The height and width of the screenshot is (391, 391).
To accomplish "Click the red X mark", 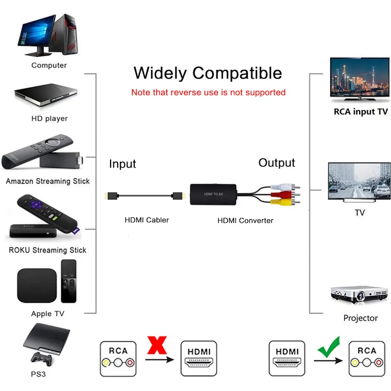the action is coord(157,345).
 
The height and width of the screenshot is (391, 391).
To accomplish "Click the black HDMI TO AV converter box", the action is coord(213,194).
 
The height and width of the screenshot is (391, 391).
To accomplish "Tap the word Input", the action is coord(123,164).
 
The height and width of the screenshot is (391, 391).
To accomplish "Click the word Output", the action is coord(277,163).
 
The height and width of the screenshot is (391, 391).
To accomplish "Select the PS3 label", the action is coord(38,374).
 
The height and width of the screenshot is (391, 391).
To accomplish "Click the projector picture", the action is coord(359,295).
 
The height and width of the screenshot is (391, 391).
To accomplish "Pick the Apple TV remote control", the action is coord(69,281).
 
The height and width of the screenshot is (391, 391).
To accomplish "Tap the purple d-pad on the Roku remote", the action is coord(36,205).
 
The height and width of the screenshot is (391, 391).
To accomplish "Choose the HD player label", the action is coord(50,119).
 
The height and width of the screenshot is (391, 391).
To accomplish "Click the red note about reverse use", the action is coord(208,92).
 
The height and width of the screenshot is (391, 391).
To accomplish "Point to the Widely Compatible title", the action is coord(208,73).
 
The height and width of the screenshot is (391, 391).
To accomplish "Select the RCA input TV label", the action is coord(361,112).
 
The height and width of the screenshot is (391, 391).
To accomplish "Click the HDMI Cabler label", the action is coord(147,220).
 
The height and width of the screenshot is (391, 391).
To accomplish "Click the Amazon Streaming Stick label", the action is coord(48,181).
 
